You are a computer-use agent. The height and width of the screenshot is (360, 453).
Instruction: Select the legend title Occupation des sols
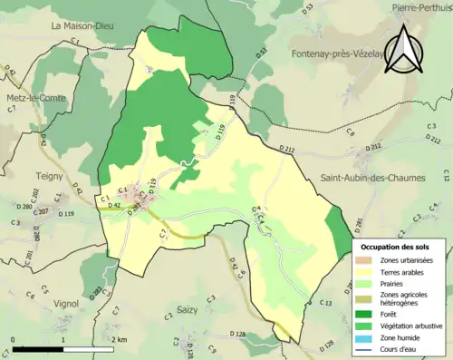[x=398, y=246]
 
